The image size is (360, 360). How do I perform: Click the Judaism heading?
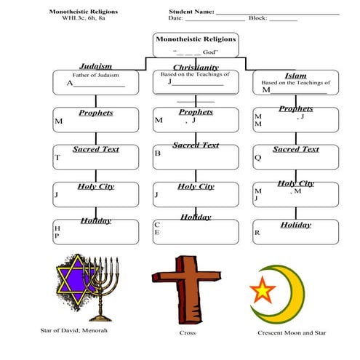coord(95,65)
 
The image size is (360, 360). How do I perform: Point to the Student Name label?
coord(191,12)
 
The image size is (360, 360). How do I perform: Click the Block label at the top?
coord(257,17)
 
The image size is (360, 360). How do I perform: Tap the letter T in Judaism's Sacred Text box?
coord(57,157)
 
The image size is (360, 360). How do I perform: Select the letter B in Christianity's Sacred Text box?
coord(157,153)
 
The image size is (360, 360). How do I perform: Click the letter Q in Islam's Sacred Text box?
coord(257,157)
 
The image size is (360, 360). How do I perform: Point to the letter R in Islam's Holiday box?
coord(257,233)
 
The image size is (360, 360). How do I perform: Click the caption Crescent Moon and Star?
coord(292,333)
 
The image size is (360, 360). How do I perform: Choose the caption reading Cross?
coord(187,333)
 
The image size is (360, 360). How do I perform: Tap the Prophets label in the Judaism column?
coord(95,113)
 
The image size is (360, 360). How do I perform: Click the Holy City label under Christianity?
coord(196,187)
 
